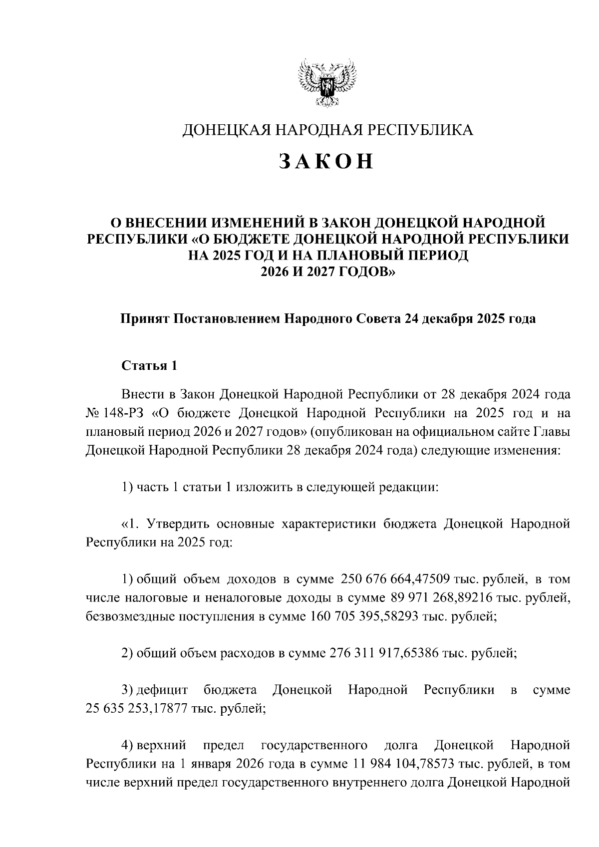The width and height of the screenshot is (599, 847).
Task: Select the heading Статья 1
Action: pyautogui.click(x=149, y=365)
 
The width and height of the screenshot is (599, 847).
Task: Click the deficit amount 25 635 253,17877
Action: pyautogui.click(x=137, y=708)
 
